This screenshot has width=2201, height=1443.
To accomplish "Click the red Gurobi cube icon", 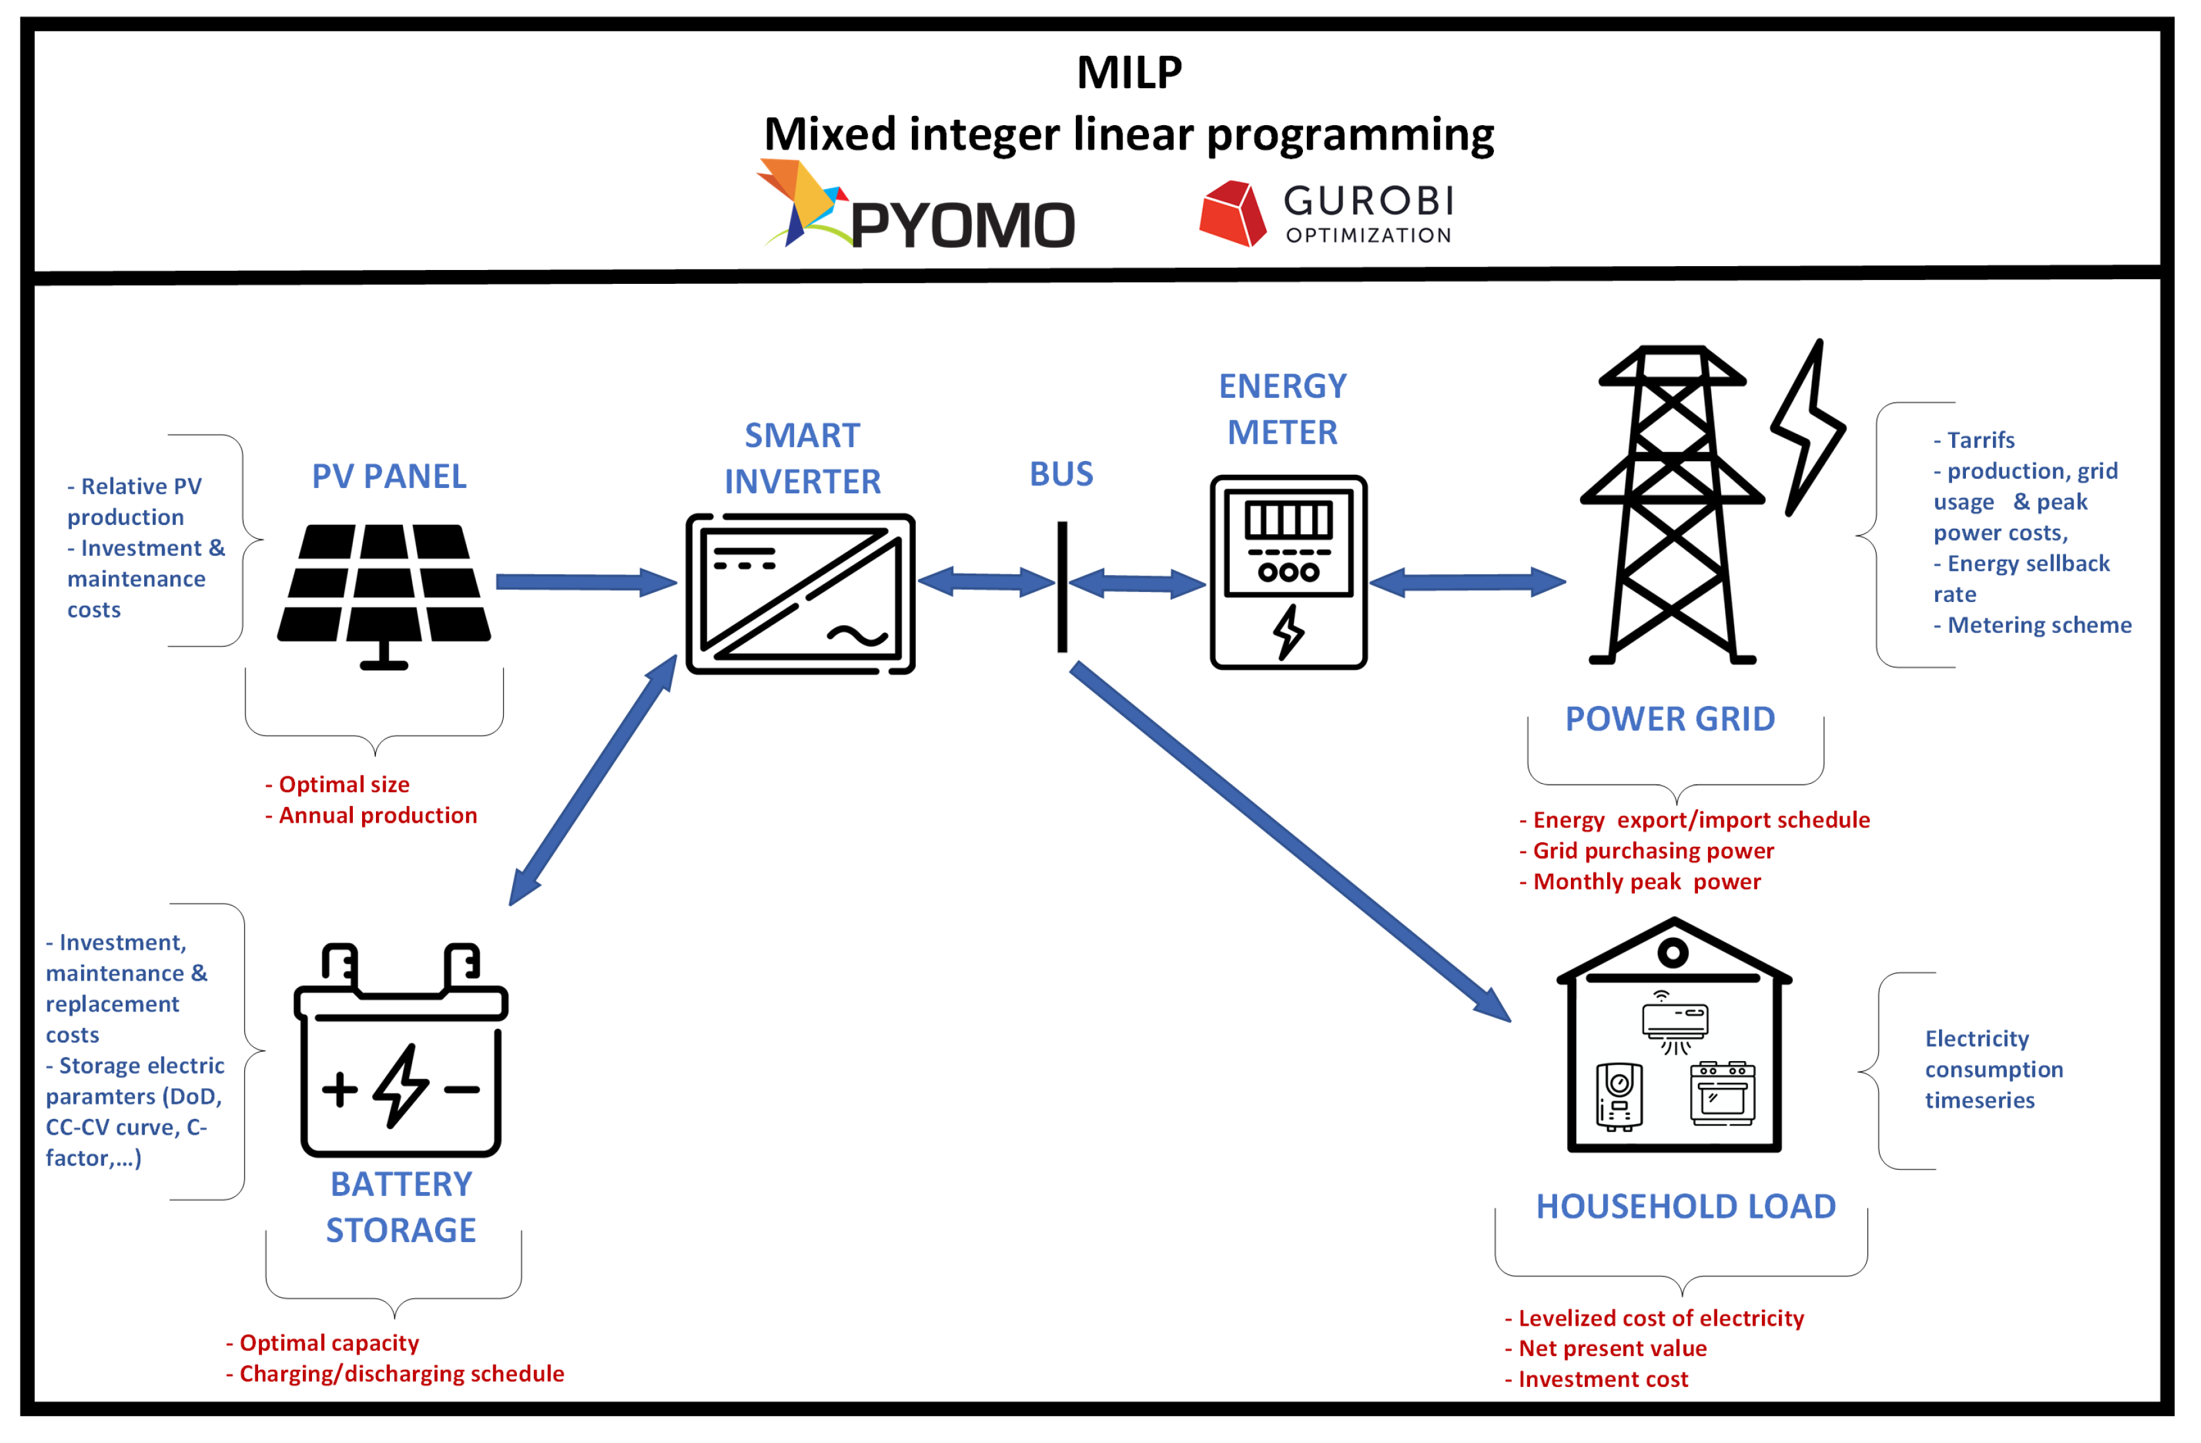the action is pyautogui.click(x=1233, y=213).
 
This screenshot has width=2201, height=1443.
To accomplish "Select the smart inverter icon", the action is pyautogui.click(x=800, y=594).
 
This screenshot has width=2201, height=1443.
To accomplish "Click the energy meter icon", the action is pyautogui.click(x=1288, y=572).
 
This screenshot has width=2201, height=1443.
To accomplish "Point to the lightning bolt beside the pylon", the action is pyautogui.click(x=1808, y=427).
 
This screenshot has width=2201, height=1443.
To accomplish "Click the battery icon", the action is pyautogui.click(x=400, y=1050).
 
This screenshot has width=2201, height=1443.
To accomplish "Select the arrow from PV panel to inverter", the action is pyautogui.click(x=587, y=582).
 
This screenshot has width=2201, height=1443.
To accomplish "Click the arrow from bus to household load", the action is pyautogui.click(x=1290, y=842).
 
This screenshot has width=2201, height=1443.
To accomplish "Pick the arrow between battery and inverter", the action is pyautogui.click(x=593, y=780).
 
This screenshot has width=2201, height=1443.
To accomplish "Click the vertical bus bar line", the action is pyautogui.click(x=1063, y=586).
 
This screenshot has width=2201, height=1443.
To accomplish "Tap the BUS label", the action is pyautogui.click(x=1062, y=474).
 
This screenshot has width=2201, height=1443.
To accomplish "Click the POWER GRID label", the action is pyautogui.click(x=1670, y=719).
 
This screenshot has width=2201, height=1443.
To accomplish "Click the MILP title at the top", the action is pyautogui.click(x=1129, y=72).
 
